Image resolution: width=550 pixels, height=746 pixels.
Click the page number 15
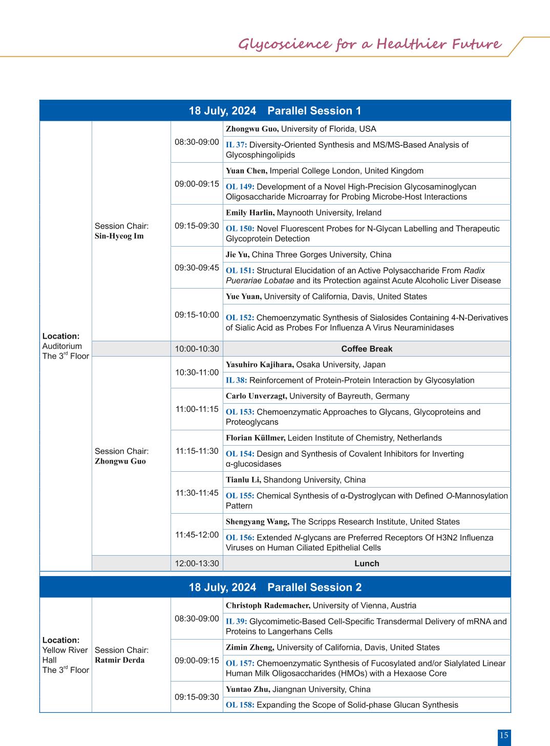point(504,736)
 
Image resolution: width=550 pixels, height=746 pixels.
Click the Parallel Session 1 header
point(275,111)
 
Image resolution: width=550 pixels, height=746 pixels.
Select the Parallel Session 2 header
point(275,587)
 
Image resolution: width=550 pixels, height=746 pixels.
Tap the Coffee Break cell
point(367,349)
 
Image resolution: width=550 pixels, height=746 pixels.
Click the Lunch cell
point(367,563)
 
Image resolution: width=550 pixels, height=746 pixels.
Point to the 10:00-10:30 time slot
point(197,349)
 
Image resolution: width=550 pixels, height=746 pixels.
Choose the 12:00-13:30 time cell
point(197,563)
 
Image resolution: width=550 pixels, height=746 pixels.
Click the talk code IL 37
point(236,145)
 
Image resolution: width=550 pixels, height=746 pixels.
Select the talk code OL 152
point(240,318)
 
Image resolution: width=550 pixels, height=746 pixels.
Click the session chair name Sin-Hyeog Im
point(119,236)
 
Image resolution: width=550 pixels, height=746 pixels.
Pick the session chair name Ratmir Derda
point(119,660)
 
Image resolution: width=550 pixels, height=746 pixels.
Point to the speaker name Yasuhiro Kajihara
point(260,365)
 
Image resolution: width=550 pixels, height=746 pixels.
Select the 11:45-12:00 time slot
point(197,535)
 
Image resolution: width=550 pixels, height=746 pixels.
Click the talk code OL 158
point(240,705)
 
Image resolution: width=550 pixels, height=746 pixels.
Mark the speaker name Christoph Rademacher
point(268,606)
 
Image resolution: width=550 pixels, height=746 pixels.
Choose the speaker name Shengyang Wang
point(258,522)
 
